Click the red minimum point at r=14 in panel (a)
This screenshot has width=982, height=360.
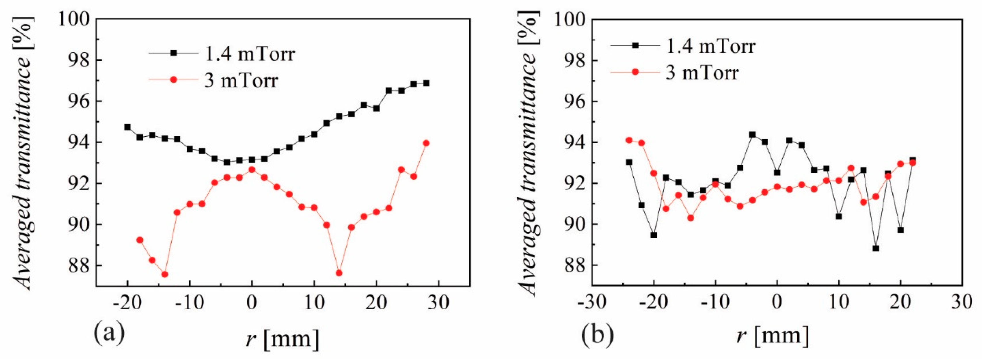(x=339, y=273)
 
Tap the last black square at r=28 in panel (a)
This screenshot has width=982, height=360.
(x=426, y=83)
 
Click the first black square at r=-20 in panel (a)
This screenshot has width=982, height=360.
(x=127, y=127)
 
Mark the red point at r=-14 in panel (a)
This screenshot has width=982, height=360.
(x=165, y=274)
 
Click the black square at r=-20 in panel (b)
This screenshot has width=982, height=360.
(x=654, y=235)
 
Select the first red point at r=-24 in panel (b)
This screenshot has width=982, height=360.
(x=629, y=140)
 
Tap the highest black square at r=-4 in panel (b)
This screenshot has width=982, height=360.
(x=752, y=135)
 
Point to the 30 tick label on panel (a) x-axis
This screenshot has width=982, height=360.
(x=438, y=304)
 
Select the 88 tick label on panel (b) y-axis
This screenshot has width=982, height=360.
(x=570, y=265)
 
